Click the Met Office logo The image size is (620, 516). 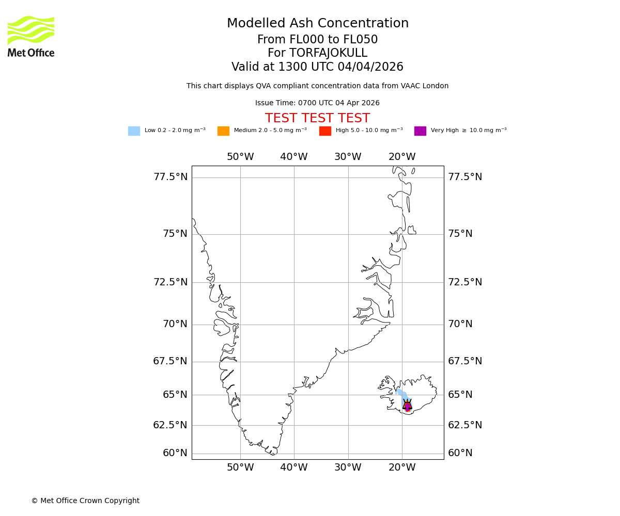(x=31, y=36)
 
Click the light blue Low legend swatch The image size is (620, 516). (x=134, y=131)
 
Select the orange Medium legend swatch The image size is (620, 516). (x=223, y=131)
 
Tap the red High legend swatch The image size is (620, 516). (x=325, y=131)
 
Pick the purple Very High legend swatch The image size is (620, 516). (x=420, y=131)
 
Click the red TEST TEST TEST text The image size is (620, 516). (x=317, y=119)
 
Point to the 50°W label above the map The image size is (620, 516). (x=240, y=157)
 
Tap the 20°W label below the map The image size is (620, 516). (x=402, y=467)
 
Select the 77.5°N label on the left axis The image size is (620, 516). (x=171, y=177)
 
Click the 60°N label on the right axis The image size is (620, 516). (x=460, y=453)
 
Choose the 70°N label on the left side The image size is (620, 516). (x=175, y=324)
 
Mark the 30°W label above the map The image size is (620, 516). (x=348, y=157)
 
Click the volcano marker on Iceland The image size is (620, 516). (x=407, y=406)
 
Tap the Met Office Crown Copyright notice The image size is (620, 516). (x=85, y=501)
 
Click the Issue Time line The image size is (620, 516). (x=317, y=103)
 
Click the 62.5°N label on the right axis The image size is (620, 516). (x=465, y=425)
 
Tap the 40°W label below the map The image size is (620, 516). (x=294, y=467)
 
